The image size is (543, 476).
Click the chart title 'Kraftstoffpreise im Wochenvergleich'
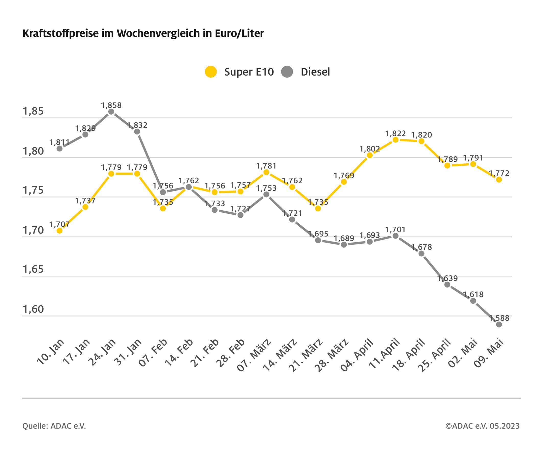pos(143,34)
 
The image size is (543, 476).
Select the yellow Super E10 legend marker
pos(211,72)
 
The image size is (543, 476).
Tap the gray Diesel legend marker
pos(287,72)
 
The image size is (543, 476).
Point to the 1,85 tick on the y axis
pos(33,111)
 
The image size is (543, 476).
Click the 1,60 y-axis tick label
pos(33,309)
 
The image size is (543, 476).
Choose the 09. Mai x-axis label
pos(489,352)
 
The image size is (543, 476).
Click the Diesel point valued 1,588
pos(499,324)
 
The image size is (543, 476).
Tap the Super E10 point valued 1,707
pos(60,231)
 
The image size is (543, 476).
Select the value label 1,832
pos(137,125)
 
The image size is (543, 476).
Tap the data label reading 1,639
pos(448,278)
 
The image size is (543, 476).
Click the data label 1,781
pos(266,166)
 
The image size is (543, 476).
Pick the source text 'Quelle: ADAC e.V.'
pos(54,426)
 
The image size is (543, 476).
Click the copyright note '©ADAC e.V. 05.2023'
pos(482,426)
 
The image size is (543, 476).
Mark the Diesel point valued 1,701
pos(396,236)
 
